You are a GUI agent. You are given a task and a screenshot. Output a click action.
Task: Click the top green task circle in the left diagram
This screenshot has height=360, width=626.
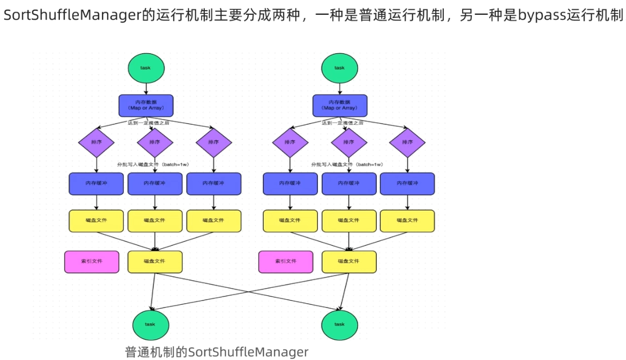(146, 68)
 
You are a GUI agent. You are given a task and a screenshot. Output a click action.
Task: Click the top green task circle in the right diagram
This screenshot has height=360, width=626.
(340, 68)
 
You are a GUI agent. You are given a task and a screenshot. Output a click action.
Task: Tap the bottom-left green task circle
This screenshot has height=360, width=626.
(150, 324)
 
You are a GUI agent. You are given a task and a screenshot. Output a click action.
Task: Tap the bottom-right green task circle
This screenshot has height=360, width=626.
(340, 324)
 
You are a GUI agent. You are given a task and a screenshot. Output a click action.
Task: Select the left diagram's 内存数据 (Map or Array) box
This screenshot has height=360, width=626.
(146, 105)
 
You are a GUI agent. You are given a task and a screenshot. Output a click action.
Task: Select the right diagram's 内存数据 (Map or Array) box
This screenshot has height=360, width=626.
(340, 105)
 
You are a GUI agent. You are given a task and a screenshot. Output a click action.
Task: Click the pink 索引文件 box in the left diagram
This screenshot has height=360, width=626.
(92, 261)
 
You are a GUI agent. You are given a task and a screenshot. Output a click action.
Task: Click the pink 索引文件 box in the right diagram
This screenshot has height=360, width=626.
(286, 261)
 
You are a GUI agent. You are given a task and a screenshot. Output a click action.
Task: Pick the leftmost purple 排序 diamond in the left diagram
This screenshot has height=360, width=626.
(97, 142)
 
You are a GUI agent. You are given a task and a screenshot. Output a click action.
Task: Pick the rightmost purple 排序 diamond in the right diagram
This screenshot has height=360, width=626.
(407, 142)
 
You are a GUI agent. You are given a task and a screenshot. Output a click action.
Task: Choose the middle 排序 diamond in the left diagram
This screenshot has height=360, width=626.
(155, 142)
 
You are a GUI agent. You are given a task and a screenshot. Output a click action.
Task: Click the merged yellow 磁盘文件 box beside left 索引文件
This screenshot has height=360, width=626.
(155, 261)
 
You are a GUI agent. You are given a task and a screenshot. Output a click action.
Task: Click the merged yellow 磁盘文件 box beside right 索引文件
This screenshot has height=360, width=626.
(349, 261)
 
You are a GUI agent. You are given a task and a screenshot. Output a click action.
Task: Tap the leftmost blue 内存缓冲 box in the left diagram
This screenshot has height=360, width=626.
(96, 183)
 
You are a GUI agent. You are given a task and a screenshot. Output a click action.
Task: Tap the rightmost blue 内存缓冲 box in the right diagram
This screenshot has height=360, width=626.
(407, 183)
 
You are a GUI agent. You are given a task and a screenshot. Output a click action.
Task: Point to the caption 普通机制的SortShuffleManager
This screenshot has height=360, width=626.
(217, 352)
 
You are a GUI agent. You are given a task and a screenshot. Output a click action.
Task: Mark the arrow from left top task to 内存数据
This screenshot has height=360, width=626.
(146, 89)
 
